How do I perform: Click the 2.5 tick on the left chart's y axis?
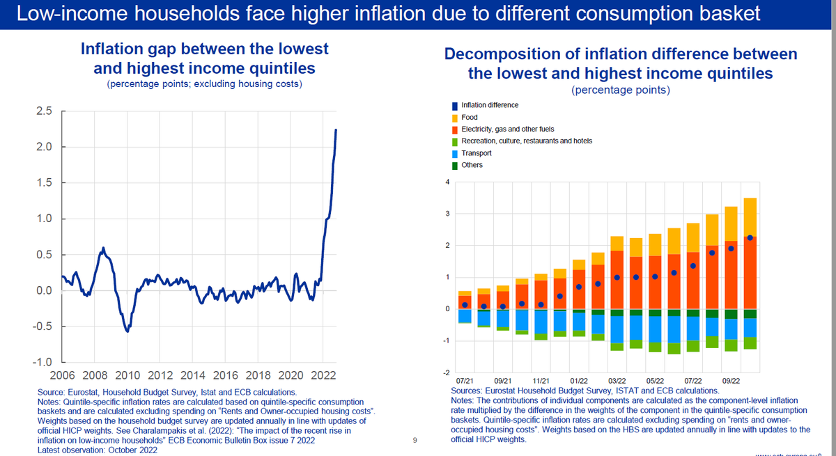(44, 111)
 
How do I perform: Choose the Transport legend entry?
(477, 153)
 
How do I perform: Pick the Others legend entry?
(472, 165)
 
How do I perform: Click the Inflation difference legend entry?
(490, 105)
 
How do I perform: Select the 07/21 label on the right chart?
(465, 382)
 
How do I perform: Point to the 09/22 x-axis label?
(731, 382)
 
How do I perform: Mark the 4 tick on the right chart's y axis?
(447, 182)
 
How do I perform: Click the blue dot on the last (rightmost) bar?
(750, 238)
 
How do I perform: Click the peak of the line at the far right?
(336, 130)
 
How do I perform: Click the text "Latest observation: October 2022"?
(97, 450)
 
